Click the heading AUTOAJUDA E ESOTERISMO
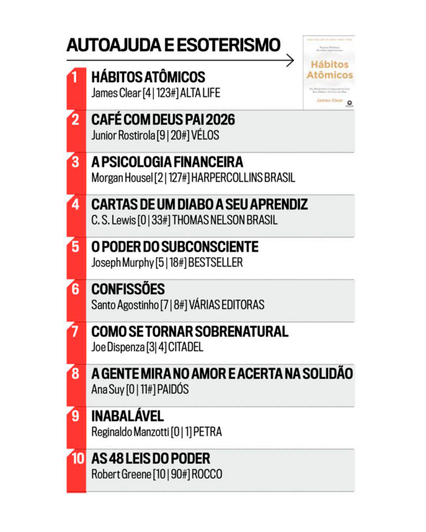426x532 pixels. pos(173,45)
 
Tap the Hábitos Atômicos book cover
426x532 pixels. pos(329,72)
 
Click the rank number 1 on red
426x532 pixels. pos(75,77)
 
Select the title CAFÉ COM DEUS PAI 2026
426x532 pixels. pos(163,120)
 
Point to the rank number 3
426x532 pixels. pos(75,162)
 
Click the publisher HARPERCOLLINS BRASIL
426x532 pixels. pos(243,178)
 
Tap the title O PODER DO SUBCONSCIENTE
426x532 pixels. pos(175,247)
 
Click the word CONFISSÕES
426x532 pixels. pos(128,289)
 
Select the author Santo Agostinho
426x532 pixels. pos(124,305)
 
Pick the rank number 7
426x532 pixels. pos(75,331)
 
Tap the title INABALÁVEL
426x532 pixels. pos(127,416)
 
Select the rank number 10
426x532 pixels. pos(78,459)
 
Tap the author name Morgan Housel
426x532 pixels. pos(122,178)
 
